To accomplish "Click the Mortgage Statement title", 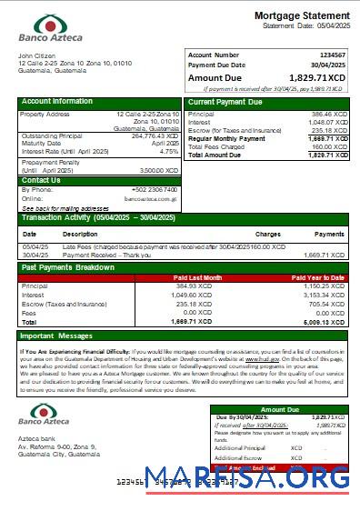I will pos(301,16).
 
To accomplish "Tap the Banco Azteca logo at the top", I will pos(50,29).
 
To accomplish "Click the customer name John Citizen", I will pos(37,55).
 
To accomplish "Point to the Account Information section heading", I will pos(56,102).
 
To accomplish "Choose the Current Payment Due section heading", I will pos(225,102).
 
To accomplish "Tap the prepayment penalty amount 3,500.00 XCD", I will pos(159,170).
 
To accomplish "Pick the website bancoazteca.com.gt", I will pos(148,198).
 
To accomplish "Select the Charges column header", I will pos(267,234).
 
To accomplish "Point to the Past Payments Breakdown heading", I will pos(68,268).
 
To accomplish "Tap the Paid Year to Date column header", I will pos(317,277).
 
